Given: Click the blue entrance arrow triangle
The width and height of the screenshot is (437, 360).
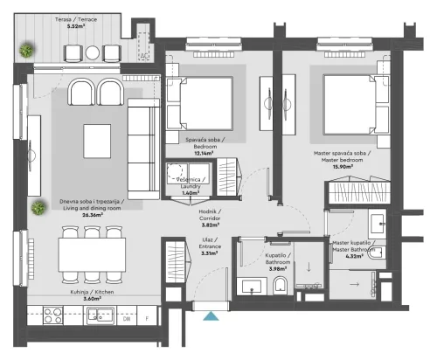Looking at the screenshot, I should (209, 318).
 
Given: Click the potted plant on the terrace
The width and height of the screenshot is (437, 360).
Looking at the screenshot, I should (30, 51).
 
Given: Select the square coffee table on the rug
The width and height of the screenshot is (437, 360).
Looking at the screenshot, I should (96, 140).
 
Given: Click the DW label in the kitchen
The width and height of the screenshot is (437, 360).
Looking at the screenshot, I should (127, 318).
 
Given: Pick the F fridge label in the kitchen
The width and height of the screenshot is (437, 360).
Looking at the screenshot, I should (149, 318).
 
